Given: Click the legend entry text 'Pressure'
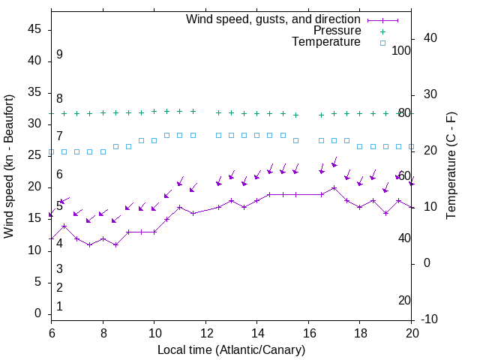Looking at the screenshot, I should coord(337,31).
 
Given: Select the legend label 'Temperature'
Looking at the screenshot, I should coord(326,42).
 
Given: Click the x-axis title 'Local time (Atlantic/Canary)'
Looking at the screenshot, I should coord(231,350).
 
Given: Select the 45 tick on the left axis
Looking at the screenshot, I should coord(34,29).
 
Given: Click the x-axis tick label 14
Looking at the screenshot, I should coord(257,332).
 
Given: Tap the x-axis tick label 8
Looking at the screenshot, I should coord(103,332).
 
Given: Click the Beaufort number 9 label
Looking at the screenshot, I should coord(59,55).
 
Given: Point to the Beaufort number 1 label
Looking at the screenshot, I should coord(59,307).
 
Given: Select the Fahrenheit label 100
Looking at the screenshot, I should coord(402,50).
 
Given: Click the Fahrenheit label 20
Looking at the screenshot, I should coord(404,301).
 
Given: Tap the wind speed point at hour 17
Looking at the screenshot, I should coord(334,187).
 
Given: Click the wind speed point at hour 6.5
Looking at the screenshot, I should coord(64,226).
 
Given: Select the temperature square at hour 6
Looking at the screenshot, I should coord(51,152).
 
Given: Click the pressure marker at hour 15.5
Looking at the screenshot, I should coord(296,115).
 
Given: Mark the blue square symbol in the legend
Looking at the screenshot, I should coord(382,43).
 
